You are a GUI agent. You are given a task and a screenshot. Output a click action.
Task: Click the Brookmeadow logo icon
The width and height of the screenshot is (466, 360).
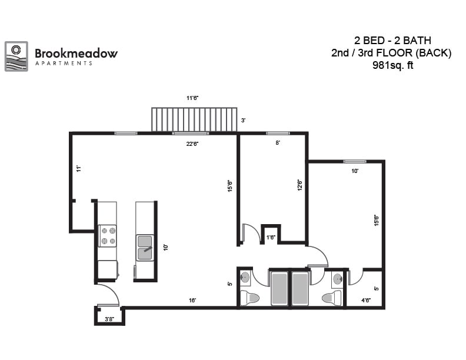(16, 56)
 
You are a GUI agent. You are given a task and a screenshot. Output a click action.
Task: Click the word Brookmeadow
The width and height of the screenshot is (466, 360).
(76, 53)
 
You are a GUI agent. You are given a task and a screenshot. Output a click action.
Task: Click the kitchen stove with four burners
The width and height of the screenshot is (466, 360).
(107, 235)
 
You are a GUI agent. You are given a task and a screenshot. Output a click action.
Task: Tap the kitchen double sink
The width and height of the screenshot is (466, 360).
(145, 247)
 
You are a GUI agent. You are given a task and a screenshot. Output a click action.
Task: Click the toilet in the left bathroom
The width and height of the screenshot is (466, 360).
(250, 298)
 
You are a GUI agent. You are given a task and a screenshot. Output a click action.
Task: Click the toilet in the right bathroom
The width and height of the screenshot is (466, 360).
(332, 298)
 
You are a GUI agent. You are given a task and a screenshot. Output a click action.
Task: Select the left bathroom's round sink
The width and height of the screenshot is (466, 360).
(246, 278)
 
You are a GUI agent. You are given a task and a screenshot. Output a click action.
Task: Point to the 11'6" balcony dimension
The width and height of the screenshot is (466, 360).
(192, 98)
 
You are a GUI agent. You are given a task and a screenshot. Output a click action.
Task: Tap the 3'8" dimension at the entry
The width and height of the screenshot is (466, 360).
(109, 319)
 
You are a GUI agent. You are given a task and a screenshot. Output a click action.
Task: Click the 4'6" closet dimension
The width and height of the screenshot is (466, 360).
(365, 300)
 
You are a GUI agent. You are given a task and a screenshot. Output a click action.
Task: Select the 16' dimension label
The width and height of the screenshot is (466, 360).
(192, 300)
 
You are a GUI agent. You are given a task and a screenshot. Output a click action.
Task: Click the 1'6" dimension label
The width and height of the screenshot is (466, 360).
(271, 238)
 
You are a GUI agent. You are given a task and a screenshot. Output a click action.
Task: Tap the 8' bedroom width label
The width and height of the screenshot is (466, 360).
(278, 142)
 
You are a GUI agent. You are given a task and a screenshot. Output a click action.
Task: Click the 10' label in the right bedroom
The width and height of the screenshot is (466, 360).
(355, 171)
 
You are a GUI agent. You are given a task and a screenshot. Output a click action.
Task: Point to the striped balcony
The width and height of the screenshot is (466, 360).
(194, 119)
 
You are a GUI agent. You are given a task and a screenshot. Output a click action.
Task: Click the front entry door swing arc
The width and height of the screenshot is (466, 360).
(109, 293)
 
